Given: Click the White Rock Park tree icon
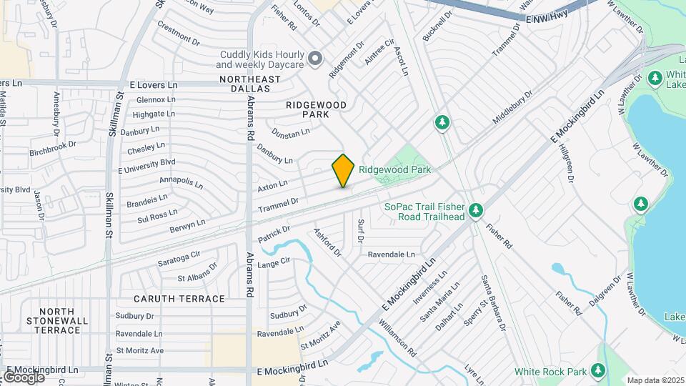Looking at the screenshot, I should pos(597,371).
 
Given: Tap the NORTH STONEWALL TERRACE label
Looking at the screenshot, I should pos(60,321).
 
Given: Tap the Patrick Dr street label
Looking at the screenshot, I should pos(274,232).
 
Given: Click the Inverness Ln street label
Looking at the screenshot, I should pos(433,284).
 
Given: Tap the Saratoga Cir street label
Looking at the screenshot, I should pos(179,257).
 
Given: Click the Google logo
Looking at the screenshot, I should pos(23,377).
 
